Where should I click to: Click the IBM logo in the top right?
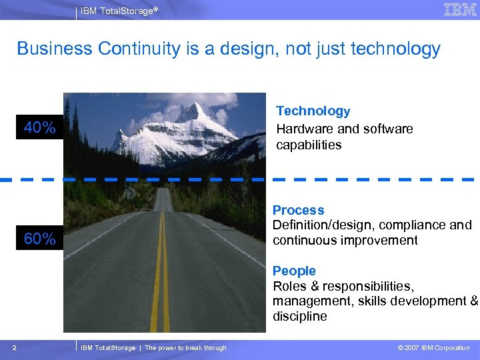click(460, 9)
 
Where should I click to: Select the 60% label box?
click(40, 239)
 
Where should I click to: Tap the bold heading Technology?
click(313, 111)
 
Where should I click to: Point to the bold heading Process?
click(298, 211)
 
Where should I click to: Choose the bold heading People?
click(294, 271)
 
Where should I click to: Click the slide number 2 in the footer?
click(14, 347)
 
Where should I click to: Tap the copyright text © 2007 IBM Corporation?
click(433, 347)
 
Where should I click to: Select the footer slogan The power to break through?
click(185, 347)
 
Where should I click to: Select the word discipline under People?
click(300, 316)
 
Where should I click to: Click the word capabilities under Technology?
click(309, 145)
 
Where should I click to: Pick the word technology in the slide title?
click(395, 49)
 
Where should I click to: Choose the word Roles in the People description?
click(289, 286)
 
